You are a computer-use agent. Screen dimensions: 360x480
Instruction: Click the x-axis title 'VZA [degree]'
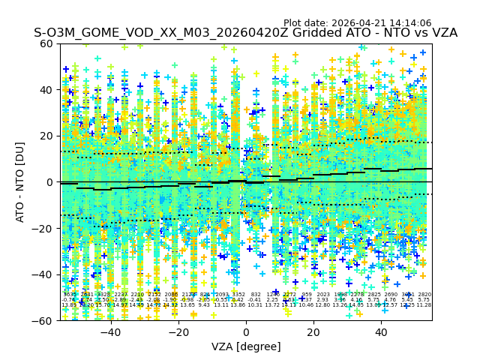click(246, 346)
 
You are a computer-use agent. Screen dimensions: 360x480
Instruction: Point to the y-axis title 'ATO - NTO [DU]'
click(20, 182)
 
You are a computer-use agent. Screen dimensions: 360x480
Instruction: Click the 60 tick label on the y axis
click(47, 43)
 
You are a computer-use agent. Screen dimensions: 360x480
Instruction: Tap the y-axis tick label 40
click(47, 90)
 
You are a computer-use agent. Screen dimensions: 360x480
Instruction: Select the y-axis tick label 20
click(47, 136)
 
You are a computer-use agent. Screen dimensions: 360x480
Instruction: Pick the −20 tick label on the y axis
click(44, 228)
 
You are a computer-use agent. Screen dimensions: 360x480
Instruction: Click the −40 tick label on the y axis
click(44, 274)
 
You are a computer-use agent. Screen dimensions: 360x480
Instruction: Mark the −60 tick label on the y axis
click(44, 320)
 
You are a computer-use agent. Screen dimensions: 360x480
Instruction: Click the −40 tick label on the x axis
click(110, 332)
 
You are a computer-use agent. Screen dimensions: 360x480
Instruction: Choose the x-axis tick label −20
click(178, 332)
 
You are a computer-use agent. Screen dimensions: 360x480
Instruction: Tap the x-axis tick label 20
click(313, 332)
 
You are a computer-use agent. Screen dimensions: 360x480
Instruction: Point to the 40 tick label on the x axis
click(381, 332)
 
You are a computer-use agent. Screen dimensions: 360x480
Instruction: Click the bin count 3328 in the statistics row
click(103, 295)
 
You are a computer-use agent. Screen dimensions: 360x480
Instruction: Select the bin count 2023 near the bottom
click(323, 295)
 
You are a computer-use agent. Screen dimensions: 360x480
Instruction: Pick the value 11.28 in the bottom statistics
click(424, 305)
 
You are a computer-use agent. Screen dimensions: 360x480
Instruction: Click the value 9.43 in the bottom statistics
click(204, 305)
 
